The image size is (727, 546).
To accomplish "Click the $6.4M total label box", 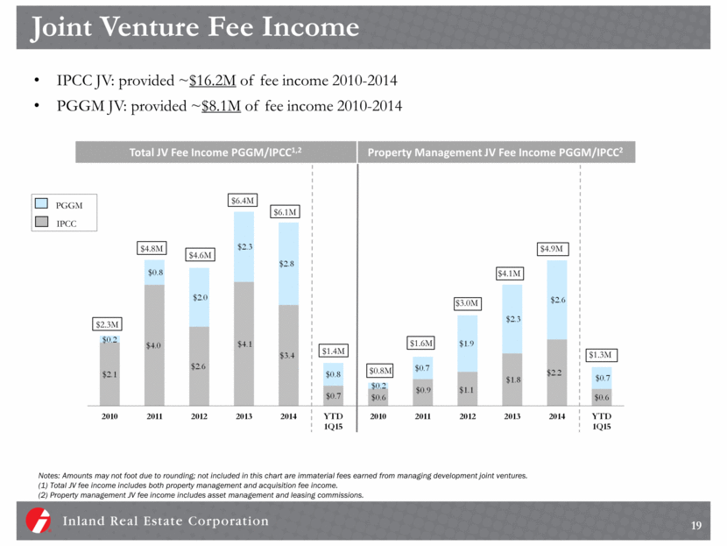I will (244, 201).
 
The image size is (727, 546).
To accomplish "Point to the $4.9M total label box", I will (554, 248).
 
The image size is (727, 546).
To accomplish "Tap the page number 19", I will (696, 526).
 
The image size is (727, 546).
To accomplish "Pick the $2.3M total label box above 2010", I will (109, 325).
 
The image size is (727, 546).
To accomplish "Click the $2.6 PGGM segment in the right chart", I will (558, 300).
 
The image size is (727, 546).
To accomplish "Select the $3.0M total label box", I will (469, 303).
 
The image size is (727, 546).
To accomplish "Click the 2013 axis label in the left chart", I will (244, 418).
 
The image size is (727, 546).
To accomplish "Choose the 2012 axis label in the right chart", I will (469, 418).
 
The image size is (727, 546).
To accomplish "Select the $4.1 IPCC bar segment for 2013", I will (244, 344).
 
